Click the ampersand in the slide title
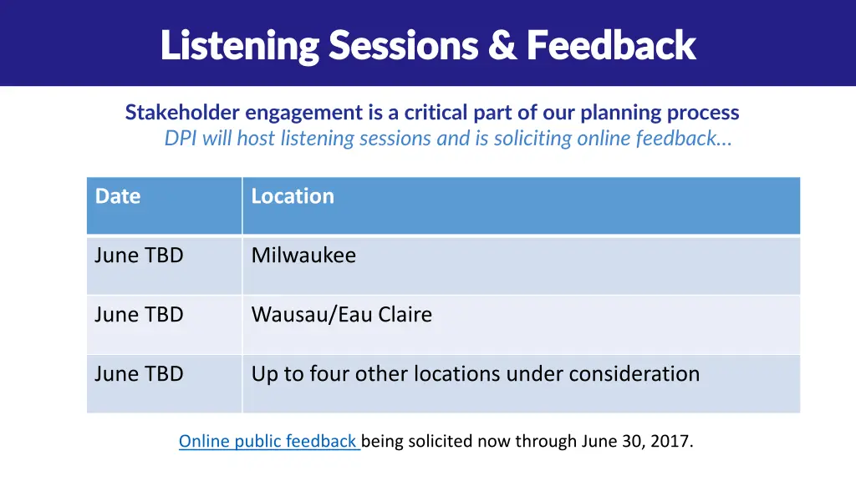pyautogui.click(x=502, y=45)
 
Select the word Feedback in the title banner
pyautogui.click(x=611, y=45)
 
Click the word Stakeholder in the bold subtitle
pyautogui.click(x=182, y=113)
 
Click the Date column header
pyautogui.click(x=118, y=196)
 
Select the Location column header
pyautogui.click(x=293, y=196)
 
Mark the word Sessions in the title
pyautogui.click(x=404, y=45)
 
